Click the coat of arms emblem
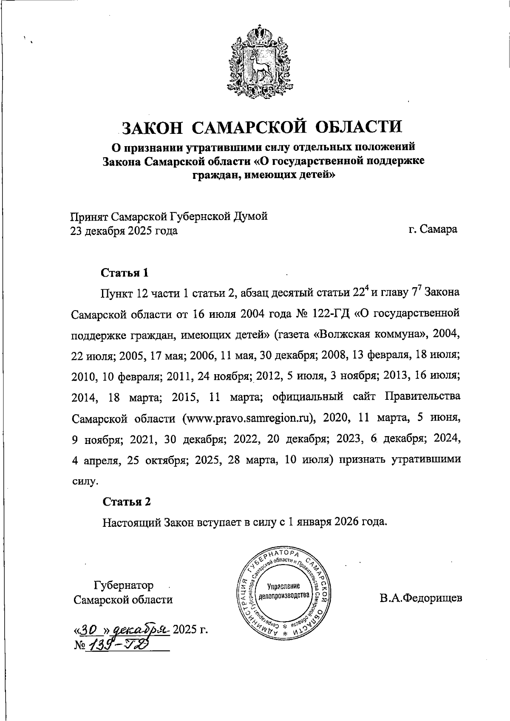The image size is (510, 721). click(255, 59)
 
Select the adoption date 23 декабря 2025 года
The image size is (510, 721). click(124, 231)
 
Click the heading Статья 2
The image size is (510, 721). click(127, 502)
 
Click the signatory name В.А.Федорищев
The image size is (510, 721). click(421, 598)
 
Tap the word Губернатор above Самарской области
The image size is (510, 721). click(124, 585)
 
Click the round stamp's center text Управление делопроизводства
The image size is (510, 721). click(284, 591)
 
